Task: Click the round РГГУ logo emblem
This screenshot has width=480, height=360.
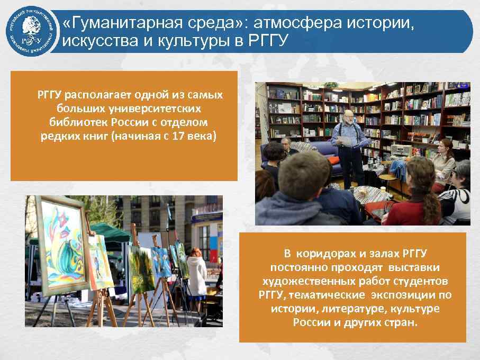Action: click(31, 31)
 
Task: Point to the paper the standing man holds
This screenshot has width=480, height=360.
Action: click(346, 140)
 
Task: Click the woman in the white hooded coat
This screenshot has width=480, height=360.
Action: click(196, 278)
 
